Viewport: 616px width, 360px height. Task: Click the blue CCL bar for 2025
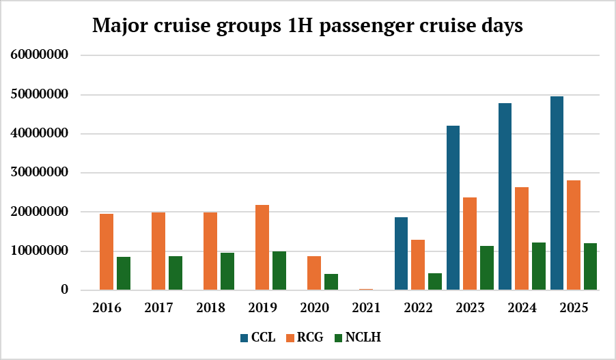[557, 193]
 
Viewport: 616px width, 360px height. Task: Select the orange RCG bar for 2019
[262, 247]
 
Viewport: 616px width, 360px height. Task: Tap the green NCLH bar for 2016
[124, 273]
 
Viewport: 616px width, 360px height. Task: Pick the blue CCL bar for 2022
[402, 253]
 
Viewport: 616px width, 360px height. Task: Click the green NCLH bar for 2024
[539, 266]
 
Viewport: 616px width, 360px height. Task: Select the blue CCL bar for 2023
[453, 208]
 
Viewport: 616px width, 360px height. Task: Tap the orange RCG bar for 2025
[574, 235]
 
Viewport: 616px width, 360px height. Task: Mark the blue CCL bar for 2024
[505, 197]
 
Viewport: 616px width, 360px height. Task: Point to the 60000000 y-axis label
[41, 55]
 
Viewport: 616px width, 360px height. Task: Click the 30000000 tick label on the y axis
[41, 173]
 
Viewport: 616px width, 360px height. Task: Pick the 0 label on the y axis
[65, 290]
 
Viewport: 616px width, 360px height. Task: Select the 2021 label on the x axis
[366, 308]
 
